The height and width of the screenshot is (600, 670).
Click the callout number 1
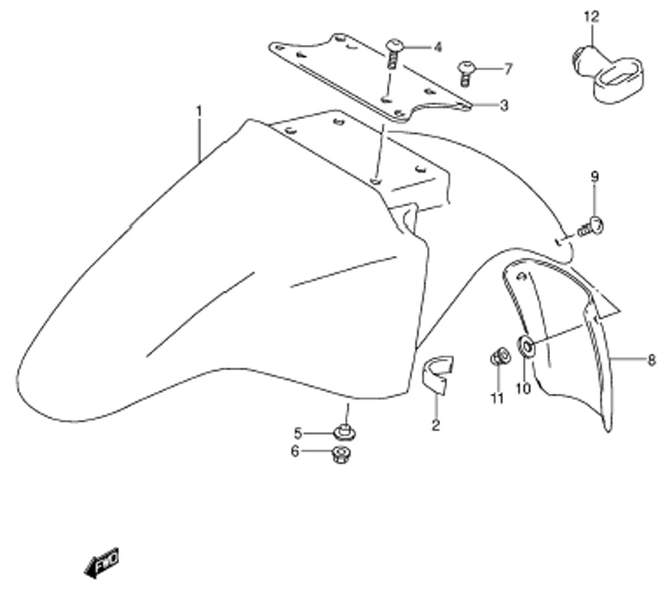point(199,112)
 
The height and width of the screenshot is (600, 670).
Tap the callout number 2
point(436,425)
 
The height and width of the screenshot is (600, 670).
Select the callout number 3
point(505,105)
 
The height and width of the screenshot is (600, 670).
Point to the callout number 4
point(438,48)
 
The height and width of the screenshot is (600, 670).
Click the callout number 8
point(651,360)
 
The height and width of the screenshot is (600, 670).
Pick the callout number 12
point(592,17)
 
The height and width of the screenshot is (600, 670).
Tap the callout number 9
point(595,177)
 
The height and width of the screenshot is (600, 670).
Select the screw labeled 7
point(466,74)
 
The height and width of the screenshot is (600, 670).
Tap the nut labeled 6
point(340,455)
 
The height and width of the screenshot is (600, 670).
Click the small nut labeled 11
point(499,356)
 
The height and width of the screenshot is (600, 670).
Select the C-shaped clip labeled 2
point(437,373)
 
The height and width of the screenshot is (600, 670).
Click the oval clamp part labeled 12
point(607,74)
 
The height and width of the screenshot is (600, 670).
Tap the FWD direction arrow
point(102,562)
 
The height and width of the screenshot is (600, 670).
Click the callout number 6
point(295,451)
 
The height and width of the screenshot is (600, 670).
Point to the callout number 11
point(496,398)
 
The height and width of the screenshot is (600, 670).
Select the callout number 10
point(523,388)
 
